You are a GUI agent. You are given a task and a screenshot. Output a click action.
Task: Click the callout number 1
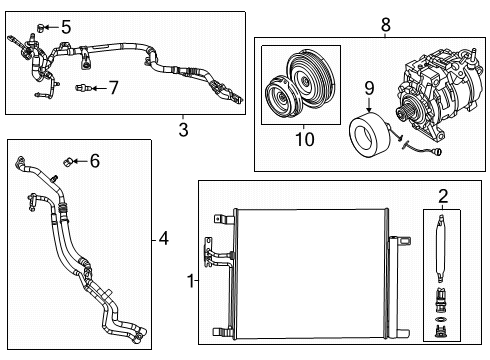pyautogui.click(x=190, y=282)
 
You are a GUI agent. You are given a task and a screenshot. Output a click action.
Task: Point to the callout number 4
pyautogui.click(x=164, y=238)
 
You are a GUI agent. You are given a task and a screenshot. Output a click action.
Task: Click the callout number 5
pyautogui.click(x=66, y=27)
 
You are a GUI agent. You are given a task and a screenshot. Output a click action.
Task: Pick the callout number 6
pyautogui.click(x=95, y=160)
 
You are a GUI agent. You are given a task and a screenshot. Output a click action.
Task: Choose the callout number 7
pyautogui.click(x=113, y=88)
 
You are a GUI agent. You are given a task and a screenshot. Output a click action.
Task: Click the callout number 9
pyautogui.click(x=369, y=90)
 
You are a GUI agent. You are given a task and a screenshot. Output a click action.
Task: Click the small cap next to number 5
pyautogui.click(x=41, y=25)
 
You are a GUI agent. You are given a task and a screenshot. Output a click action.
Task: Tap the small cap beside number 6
pyautogui.click(x=69, y=160)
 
